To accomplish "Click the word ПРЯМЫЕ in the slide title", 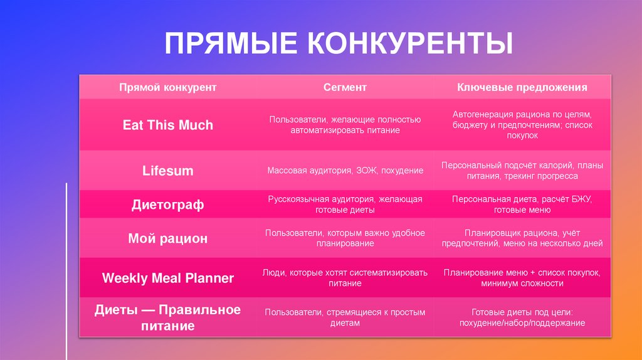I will click(230, 45).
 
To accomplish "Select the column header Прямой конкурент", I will click(167, 87).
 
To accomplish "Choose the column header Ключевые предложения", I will click(522, 87).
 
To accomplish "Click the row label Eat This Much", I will click(167, 125).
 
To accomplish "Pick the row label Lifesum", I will click(167, 171).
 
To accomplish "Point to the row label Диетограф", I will click(167, 204).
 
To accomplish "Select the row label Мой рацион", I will click(167, 238).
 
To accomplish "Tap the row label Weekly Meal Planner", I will click(167, 278).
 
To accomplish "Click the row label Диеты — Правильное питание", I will click(167, 317).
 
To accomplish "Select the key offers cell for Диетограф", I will click(522, 204).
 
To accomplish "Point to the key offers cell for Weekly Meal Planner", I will click(522, 278).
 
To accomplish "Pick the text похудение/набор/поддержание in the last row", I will click(522, 323).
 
